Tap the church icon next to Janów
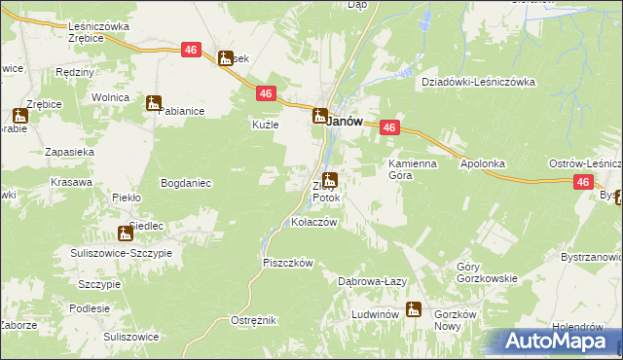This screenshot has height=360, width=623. click(319, 118)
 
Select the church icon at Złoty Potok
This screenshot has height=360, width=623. click(331, 180)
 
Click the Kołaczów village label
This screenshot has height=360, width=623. click(314, 222)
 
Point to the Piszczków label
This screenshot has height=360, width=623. click(287, 263)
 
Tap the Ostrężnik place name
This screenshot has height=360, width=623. click(254, 320)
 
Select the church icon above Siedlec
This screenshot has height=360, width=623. click(125, 234)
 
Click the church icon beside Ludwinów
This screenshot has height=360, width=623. click(414, 309)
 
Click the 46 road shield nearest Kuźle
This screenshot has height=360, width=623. click(266, 92)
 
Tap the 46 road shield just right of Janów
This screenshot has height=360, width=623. click(389, 127)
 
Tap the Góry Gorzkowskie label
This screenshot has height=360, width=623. click(487, 272)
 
